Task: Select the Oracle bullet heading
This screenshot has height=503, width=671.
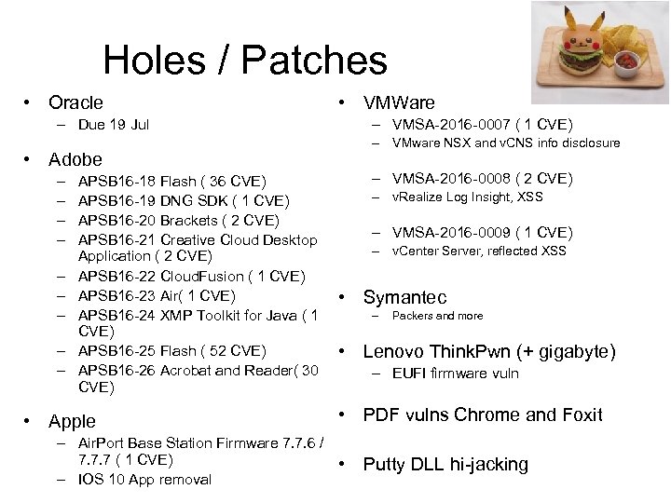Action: pos(75,102)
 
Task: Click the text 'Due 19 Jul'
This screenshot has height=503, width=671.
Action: pos(114,124)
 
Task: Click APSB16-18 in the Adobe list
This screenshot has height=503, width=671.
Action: pos(117,181)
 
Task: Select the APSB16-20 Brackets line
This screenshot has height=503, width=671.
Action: pos(178,220)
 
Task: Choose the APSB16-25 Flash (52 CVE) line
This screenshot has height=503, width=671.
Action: pos(172,351)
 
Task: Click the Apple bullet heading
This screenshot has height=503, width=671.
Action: pos(72,421)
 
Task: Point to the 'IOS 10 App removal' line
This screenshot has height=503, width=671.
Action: pos(144,480)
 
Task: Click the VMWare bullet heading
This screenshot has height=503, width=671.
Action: pos(399,102)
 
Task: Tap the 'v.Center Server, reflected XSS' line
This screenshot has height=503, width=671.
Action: pos(479,251)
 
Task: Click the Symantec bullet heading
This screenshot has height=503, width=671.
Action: pos(404,297)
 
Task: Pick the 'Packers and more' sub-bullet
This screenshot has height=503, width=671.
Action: pos(437,316)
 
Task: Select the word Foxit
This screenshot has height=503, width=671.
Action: pos(579,415)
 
